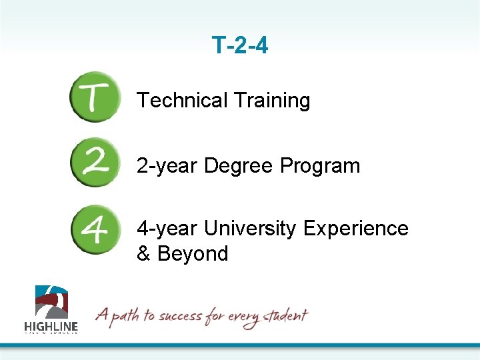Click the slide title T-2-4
[240, 45]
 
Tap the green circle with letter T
[95, 97]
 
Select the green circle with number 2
[95, 163]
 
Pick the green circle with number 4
[95, 229]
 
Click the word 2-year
[167, 166]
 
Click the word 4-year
[167, 229]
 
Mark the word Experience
[355, 229]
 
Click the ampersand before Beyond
[143, 254]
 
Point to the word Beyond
[193, 254]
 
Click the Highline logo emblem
[51, 302]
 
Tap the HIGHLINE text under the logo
[51, 326]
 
